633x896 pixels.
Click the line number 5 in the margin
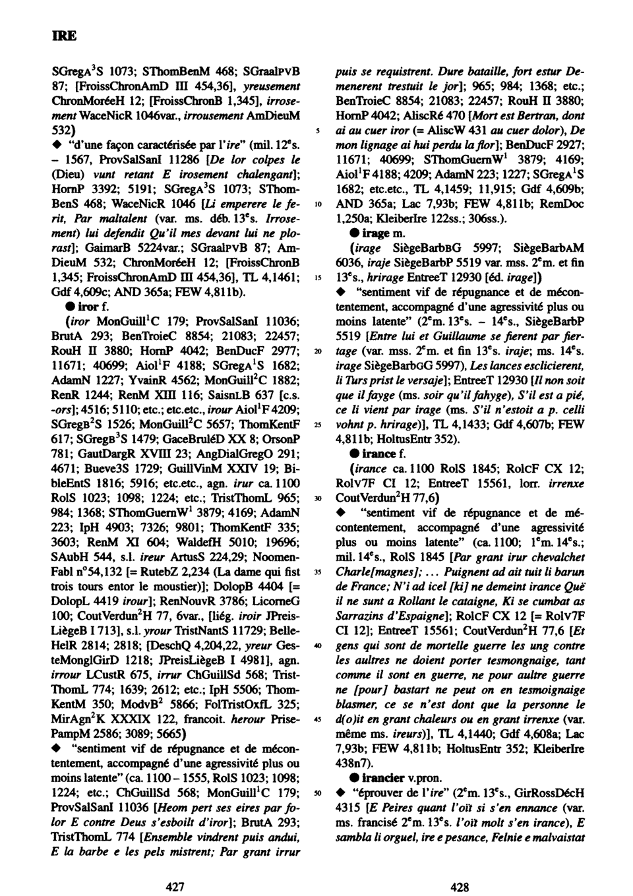pos(318,131)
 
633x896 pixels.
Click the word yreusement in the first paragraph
pos(272,86)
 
